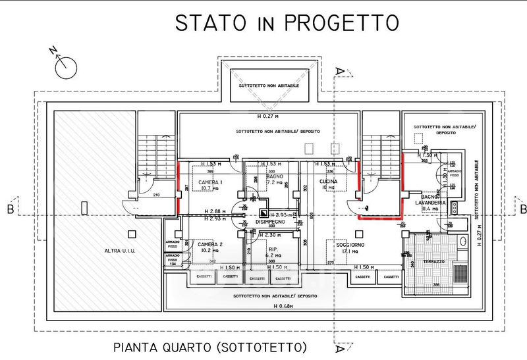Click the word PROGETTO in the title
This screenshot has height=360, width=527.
point(342,22)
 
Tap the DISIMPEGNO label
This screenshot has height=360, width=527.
point(270,222)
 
